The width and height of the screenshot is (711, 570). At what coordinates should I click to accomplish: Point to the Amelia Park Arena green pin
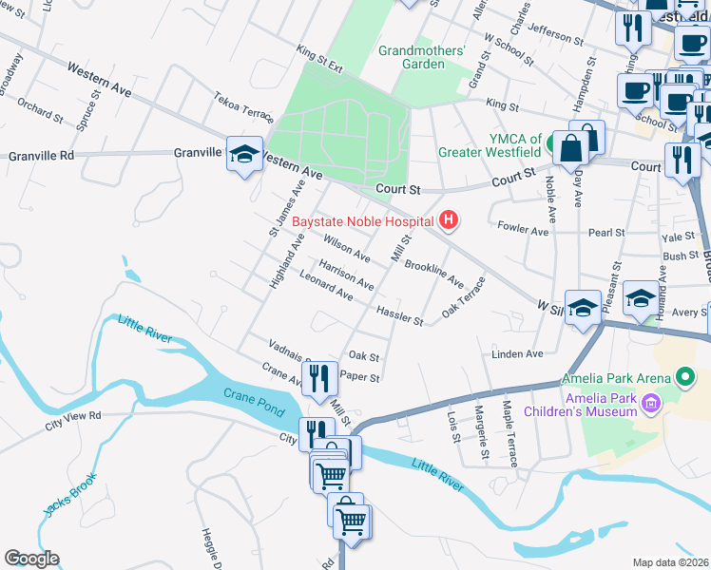tap(687, 378)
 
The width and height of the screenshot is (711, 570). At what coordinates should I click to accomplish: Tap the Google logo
tap(31, 559)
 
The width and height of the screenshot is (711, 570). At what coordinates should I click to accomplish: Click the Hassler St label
tap(399, 314)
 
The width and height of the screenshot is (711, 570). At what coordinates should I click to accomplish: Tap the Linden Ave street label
tap(517, 353)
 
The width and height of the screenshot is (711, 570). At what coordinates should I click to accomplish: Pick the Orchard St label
tap(39, 107)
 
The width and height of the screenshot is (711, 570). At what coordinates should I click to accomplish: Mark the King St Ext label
tap(318, 57)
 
